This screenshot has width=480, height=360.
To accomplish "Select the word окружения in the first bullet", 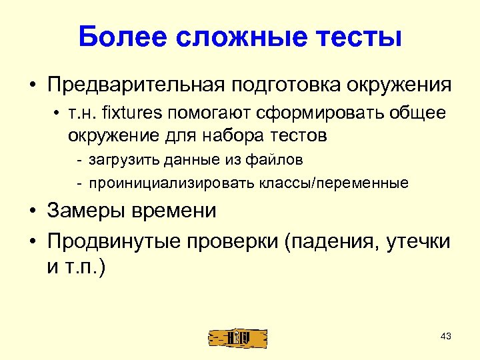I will pyautogui.click(x=399, y=86).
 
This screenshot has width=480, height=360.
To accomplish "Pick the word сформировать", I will pyautogui.click(x=304, y=113).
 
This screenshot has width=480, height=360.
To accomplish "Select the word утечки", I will pyautogui.click(x=417, y=241).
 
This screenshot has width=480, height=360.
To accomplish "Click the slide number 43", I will pyautogui.click(x=446, y=336).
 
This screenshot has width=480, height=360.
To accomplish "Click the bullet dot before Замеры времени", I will pyautogui.click(x=32, y=211).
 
